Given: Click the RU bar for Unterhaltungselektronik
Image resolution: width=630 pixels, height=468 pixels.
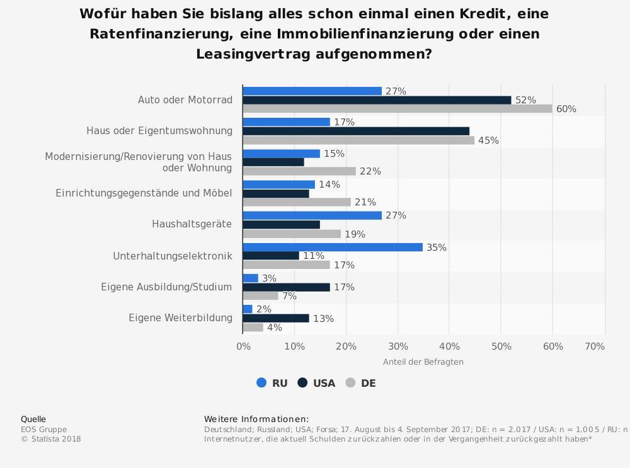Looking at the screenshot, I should click(x=333, y=248).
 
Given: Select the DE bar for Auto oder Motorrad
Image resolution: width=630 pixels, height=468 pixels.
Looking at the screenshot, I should click(x=398, y=109).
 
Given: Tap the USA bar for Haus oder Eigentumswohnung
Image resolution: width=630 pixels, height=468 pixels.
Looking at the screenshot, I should click(x=356, y=131).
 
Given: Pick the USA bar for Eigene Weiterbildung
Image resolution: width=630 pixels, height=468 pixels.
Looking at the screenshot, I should click(x=276, y=318).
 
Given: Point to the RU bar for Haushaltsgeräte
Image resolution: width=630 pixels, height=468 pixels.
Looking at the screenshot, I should click(x=312, y=215).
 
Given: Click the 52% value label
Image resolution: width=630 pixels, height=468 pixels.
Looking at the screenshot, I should click(x=525, y=100).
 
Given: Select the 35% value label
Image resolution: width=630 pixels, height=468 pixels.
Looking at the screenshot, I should click(x=437, y=248).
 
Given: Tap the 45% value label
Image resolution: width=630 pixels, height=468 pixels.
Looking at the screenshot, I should click(x=488, y=140).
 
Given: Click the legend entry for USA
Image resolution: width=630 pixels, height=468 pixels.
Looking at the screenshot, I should click(x=316, y=383).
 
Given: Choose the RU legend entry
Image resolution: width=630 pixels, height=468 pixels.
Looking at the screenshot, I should click(x=272, y=383).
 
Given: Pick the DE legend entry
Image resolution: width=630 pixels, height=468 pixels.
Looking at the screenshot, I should click(x=361, y=383).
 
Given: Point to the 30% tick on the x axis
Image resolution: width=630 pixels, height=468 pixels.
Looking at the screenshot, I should click(x=398, y=346).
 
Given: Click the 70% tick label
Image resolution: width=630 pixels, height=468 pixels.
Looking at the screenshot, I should click(x=595, y=346).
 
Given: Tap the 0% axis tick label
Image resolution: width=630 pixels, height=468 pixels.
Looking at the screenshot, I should click(x=243, y=346).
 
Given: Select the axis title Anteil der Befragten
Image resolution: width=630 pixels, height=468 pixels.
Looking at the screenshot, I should click(x=423, y=362).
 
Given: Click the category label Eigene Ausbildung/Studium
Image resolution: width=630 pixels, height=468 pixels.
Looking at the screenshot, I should click(x=166, y=287).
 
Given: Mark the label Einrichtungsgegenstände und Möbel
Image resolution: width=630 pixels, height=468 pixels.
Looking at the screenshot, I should click(x=144, y=193).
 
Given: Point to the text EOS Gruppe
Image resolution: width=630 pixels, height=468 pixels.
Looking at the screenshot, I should click(x=43, y=430).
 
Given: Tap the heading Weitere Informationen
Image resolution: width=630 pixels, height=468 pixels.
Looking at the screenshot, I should click(x=256, y=419).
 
